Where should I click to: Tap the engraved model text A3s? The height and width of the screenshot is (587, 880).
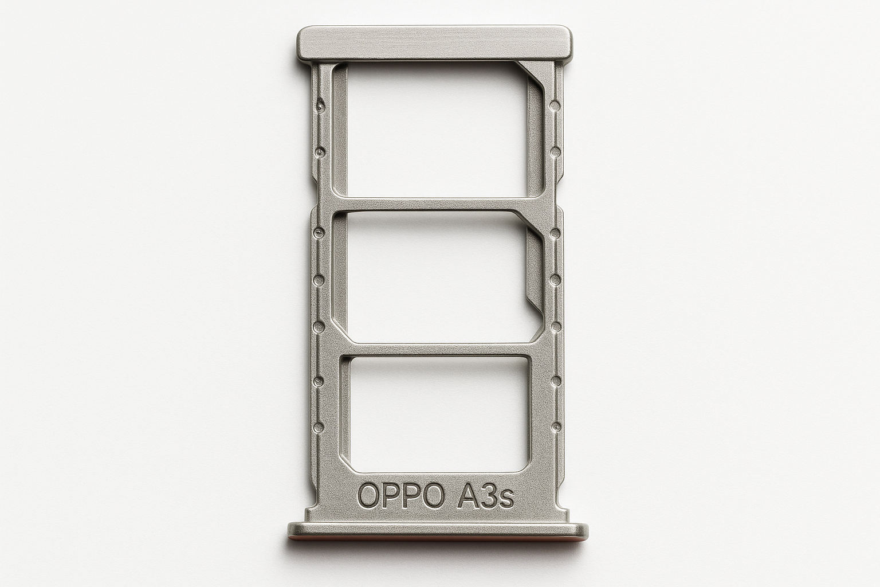coord(482,496)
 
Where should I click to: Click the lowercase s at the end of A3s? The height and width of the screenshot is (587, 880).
coord(506,499)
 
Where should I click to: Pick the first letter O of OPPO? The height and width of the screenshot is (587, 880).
coord(368,496)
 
